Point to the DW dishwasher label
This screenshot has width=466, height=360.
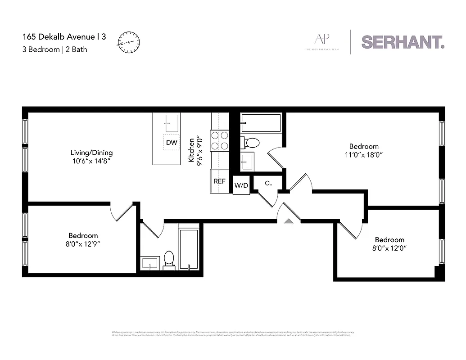pyautogui.click(x=171, y=143)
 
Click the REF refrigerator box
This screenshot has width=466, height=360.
pyautogui.click(x=219, y=181)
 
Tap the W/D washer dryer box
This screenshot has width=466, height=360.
pyautogui.click(x=241, y=185)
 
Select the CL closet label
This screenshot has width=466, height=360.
pyautogui.click(x=268, y=183)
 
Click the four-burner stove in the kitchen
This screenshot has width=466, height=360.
pyautogui.click(x=220, y=140)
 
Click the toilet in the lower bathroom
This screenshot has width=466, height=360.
pyautogui.click(x=169, y=259)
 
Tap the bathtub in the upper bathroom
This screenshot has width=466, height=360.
pyautogui.click(x=261, y=122)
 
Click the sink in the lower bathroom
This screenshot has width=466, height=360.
pyautogui.click(x=149, y=263)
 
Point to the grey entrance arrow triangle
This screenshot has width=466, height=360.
pyautogui.click(x=289, y=220)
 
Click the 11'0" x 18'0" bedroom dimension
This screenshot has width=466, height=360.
pyautogui.click(x=364, y=155)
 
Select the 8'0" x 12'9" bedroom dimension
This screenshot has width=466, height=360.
pyautogui.click(x=83, y=244)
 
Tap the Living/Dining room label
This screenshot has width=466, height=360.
pyautogui.click(x=91, y=153)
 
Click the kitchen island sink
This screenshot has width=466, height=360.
pyautogui.click(x=171, y=123)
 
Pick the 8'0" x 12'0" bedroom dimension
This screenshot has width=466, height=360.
pyautogui.click(x=389, y=248)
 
